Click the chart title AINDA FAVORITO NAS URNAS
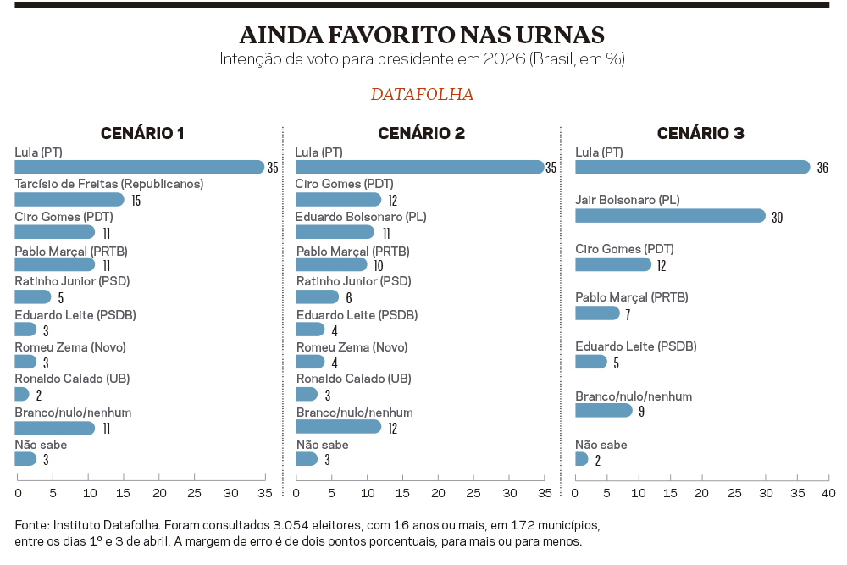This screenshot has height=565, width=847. [x=422, y=35]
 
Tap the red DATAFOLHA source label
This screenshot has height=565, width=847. [x=422, y=94]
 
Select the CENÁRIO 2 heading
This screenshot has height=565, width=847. [x=421, y=133]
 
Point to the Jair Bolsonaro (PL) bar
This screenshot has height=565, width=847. [x=670, y=216]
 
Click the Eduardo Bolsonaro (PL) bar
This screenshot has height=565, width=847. [x=335, y=232]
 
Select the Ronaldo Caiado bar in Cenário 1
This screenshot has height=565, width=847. [x=22, y=394]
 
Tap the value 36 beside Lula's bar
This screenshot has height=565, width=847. [x=822, y=168]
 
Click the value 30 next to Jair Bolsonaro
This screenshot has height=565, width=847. [x=777, y=218]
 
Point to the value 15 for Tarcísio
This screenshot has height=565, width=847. [x=136, y=201]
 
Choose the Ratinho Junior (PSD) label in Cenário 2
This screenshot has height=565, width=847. [x=353, y=281]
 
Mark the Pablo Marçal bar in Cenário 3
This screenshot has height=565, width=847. [x=597, y=313]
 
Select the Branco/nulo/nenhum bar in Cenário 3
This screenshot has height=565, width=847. [x=604, y=410]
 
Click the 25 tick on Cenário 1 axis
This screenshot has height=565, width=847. [x=194, y=493]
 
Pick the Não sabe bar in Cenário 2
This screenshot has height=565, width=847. [x=307, y=459]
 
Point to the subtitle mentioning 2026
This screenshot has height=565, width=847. [x=422, y=59]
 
